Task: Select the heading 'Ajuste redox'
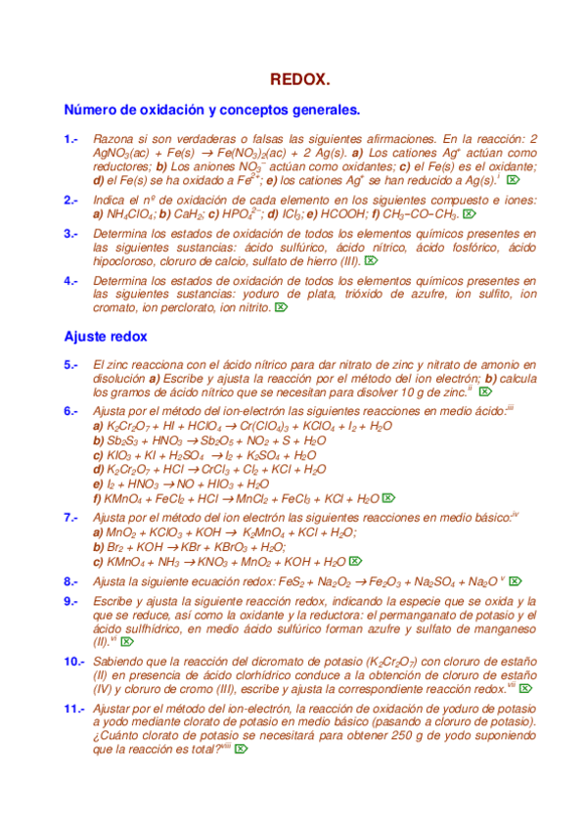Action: tap(105, 336)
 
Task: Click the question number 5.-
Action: tap(70, 365)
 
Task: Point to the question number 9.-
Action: tap(70, 600)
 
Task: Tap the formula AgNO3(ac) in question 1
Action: tap(120, 154)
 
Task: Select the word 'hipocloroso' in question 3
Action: tap(128, 261)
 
